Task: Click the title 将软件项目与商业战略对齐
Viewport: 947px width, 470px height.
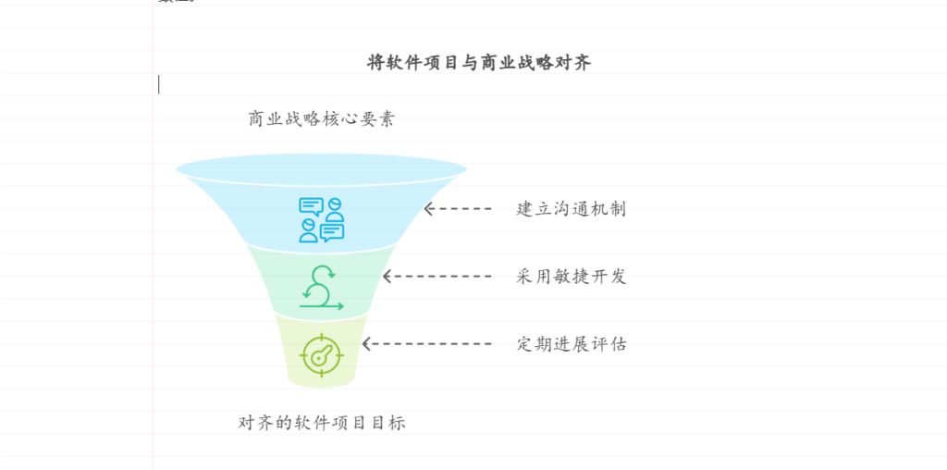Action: [x=479, y=63]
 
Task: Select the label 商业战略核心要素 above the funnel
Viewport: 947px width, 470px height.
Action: [x=321, y=118]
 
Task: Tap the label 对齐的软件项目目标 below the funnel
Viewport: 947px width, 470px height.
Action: [x=322, y=423]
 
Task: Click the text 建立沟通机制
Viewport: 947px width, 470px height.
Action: [x=571, y=209]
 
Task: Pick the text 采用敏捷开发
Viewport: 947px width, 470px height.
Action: [x=571, y=277]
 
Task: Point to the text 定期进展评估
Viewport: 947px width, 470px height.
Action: [x=571, y=344]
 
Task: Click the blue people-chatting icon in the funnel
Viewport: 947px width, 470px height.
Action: [x=321, y=219]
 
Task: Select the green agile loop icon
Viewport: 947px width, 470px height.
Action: [x=321, y=287]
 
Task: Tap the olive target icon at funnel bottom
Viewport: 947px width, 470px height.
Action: [x=322, y=354]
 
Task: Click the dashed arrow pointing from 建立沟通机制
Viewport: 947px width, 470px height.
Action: [x=459, y=209]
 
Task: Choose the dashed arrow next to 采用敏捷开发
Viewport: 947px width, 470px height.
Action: [x=438, y=277]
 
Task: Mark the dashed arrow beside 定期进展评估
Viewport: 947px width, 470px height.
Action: [x=427, y=344]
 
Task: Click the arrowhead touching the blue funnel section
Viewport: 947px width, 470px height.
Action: [x=429, y=209]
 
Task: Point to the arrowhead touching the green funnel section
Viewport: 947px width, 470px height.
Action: [x=388, y=277]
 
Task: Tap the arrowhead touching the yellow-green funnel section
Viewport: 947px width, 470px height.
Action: [x=367, y=344]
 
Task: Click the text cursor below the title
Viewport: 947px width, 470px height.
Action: [x=159, y=84]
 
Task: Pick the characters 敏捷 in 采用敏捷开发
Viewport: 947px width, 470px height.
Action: [x=571, y=277]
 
